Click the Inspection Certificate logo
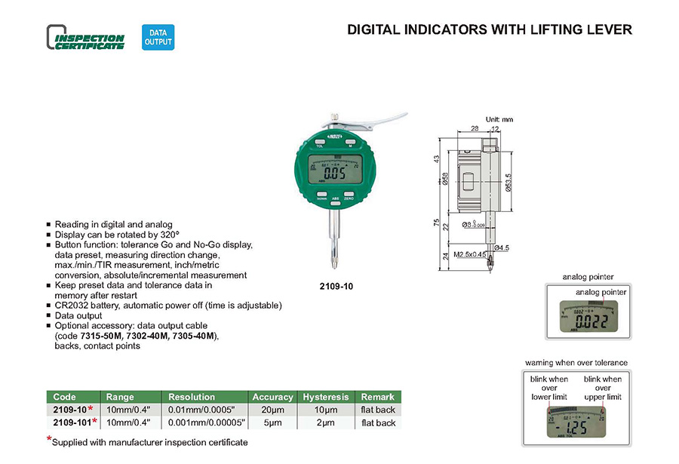coord(85,38)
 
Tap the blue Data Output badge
coord(158,38)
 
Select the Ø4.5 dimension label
coord(503,247)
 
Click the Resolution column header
coord(192,397)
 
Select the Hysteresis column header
coord(326,397)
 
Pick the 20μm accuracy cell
coord(272,410)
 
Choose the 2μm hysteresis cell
coord(326,423)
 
